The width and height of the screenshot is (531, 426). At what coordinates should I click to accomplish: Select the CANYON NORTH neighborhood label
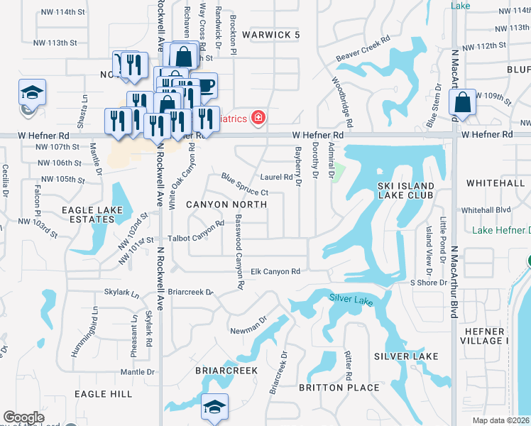tap(226, 204)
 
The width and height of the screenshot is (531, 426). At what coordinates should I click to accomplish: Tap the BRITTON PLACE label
tap(339, 387)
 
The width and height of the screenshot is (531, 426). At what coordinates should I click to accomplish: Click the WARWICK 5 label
tap(271, 34)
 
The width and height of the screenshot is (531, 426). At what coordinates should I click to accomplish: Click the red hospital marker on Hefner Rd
tap(258, 117)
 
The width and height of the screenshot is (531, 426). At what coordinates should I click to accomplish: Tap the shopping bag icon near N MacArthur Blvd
tap(463, 103)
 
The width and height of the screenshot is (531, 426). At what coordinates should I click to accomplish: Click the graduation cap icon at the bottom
tap(213, 406)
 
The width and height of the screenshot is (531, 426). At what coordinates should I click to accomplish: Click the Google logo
tap(23, 417)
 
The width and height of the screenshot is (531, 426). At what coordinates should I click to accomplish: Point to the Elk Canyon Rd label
tap(276, 271)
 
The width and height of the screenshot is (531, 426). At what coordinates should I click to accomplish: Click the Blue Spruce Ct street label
tap(243, 185)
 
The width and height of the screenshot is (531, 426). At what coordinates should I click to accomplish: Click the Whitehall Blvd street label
tap(486, 210)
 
